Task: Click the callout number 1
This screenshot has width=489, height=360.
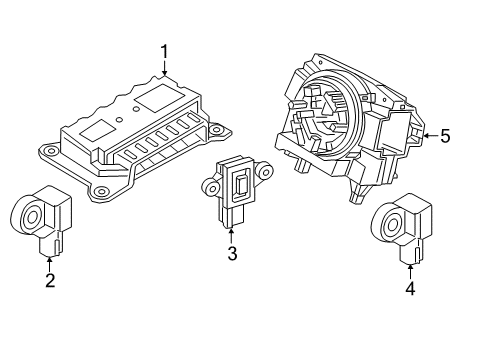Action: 166,50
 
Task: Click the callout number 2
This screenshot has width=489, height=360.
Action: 49,280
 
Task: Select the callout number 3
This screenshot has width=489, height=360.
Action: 231,254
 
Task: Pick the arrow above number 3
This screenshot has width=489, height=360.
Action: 231,236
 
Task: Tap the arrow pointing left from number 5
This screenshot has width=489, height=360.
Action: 428,135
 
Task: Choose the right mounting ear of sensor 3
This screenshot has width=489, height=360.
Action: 265,171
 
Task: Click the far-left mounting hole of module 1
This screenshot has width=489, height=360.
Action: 46,151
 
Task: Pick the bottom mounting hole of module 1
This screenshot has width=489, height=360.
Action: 100,189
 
